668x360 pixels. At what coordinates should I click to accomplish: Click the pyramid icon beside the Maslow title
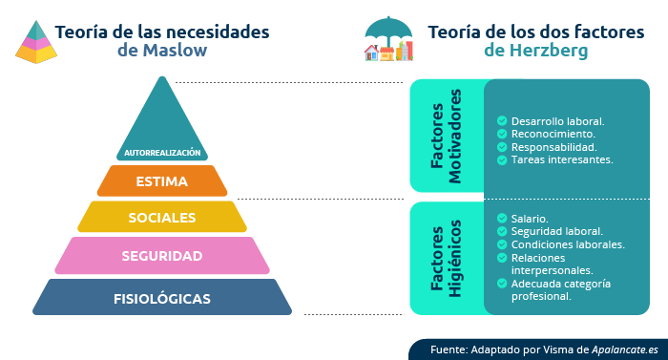[35, 41]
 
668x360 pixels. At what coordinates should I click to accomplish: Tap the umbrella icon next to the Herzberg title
[387, 40]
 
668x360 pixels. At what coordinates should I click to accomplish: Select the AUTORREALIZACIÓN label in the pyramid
[162, 152]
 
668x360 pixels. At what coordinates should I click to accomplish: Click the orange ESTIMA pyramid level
[162, 180]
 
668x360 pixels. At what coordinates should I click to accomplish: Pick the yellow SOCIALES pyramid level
[162, 217]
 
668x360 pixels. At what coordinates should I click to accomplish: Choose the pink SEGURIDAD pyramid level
[162, 256]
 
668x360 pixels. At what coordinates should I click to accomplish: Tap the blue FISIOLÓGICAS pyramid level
[162, 298]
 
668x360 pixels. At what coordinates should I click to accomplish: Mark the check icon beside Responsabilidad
[502, 147]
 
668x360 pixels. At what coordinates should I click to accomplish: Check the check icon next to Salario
[502, 219]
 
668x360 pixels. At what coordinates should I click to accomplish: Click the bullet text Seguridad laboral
[556, 231]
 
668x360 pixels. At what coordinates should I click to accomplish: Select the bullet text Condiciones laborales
[568, 244]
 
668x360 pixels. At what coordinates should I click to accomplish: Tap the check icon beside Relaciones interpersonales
[502, 258]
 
